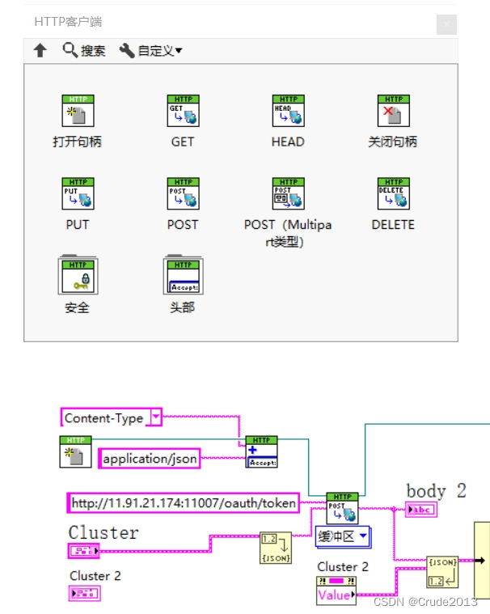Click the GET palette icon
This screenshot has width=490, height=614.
[183, 111]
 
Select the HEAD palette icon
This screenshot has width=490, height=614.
[288, 111]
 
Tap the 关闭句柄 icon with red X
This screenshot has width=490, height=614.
[393, 111]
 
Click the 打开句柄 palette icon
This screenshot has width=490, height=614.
[78, 111]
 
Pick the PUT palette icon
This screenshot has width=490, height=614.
[78, 194]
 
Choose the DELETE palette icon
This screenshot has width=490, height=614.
[393, 194]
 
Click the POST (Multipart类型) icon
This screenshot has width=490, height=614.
[288, 194]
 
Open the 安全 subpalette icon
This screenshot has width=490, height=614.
[78, 275]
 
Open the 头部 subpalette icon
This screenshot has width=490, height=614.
[183, 275]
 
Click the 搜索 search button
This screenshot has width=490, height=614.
[84, 50]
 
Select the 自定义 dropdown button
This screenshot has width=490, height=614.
[150, 50]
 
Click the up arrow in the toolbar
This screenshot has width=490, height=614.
[40, 50]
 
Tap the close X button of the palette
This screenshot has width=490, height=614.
[446, 24]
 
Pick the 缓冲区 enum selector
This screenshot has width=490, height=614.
[342, 536]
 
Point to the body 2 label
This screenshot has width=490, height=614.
[436, 490]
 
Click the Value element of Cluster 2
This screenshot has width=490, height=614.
[334, 595]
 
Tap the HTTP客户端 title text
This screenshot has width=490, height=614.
[68, 22]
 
